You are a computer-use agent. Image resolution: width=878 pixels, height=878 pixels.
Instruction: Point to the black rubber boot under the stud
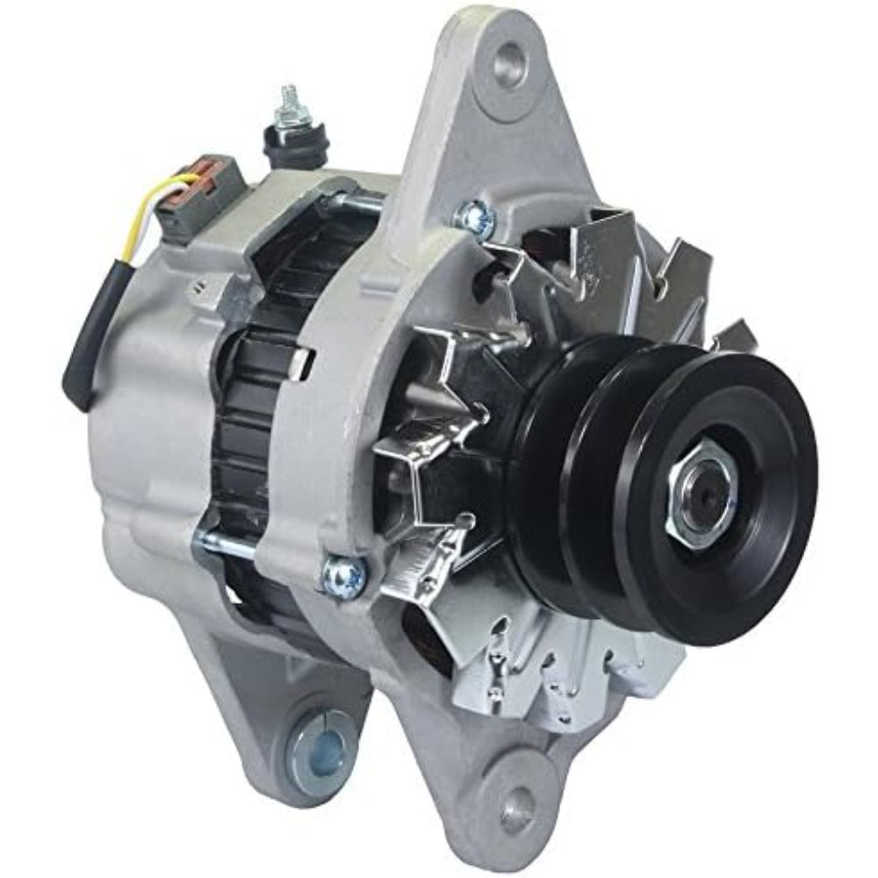pos(294,145)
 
